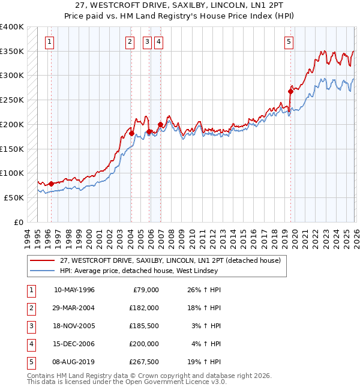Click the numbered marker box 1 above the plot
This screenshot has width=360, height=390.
(x=49, y=42)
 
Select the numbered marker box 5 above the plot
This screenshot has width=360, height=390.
(x=289, y=42)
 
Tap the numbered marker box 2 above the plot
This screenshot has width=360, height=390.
(x=130, y=42)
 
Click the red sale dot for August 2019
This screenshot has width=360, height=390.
(x=290, y=92)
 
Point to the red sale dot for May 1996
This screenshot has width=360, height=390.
(x=51, y=184)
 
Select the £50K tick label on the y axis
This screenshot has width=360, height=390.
(x=14, y=197)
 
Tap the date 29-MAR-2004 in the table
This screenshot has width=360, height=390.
(x=74, y=308)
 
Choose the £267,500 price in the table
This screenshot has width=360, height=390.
(x=144, y=362)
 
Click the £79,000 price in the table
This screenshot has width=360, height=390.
(x=146, y=290)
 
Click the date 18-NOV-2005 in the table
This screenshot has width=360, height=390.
(x=74, y=326)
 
